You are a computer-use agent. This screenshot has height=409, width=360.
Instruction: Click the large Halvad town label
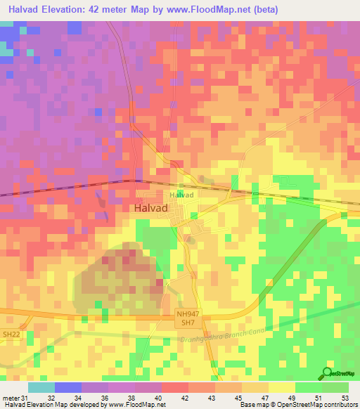tap(152, 208)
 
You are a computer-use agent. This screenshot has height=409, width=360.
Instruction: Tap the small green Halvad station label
tap(181, 195)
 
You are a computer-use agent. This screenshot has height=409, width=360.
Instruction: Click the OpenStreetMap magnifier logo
tap(328, 374)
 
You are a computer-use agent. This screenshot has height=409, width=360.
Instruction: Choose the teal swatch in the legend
tap(41, 387)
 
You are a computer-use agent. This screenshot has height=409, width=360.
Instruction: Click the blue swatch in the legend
tap(67, 387)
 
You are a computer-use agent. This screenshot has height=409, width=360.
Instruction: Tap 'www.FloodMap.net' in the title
tap(214, 10)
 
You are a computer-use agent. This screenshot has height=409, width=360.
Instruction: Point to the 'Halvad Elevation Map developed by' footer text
tap(53, 405)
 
